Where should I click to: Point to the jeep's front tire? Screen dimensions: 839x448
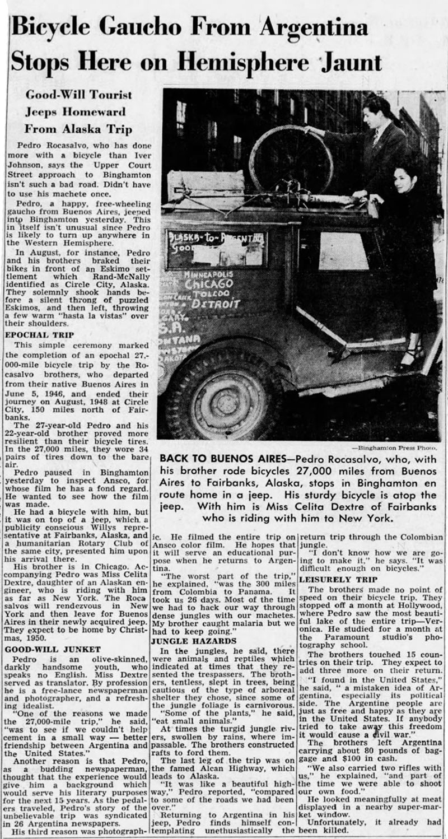224,392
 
